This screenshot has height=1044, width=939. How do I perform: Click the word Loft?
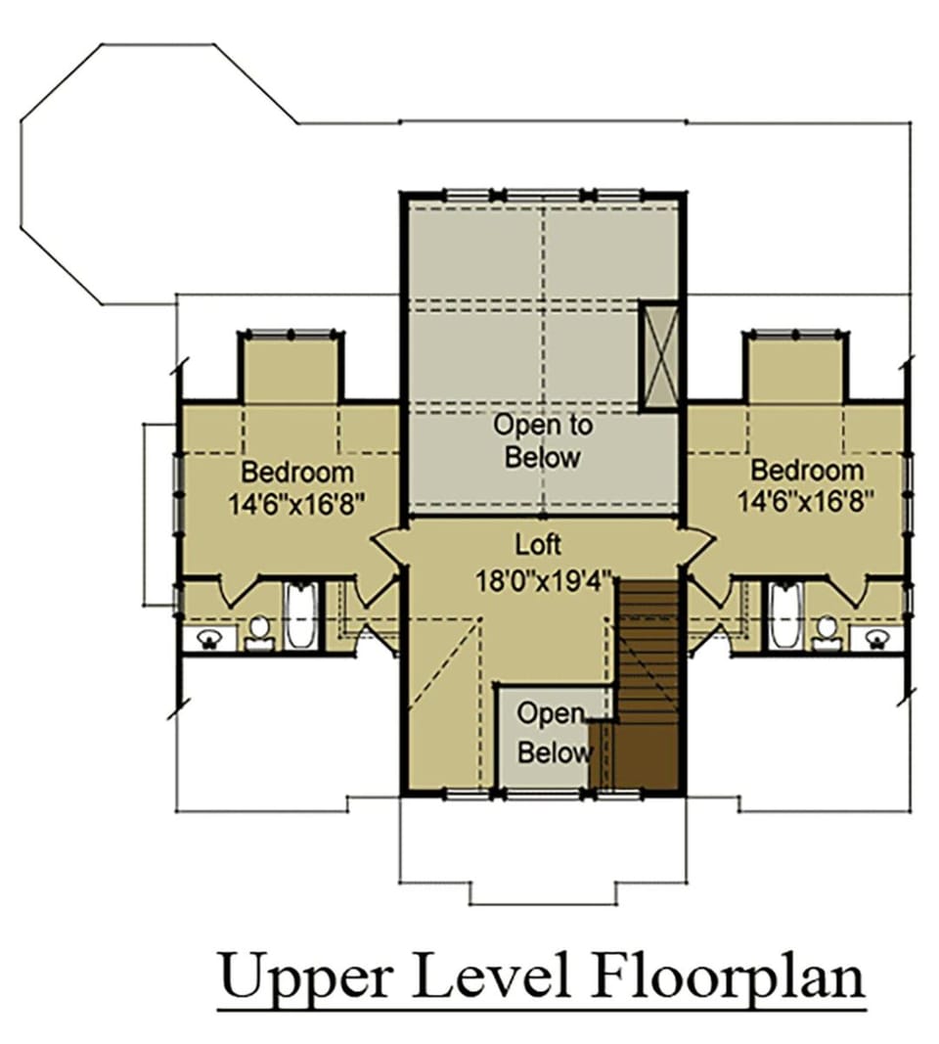pos(538,545)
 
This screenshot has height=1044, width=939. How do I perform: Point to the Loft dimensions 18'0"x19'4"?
pos(543,580)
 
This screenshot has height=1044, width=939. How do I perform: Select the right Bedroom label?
pos(807,470)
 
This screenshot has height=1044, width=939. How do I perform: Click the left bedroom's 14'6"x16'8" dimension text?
pos(297,503)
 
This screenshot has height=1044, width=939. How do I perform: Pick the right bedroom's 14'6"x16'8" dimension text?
pos(806,501)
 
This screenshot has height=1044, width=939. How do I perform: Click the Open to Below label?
pos(543,440)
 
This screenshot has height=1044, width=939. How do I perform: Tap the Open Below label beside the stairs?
pos(555,733)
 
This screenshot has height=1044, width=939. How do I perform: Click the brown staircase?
pos(645,686)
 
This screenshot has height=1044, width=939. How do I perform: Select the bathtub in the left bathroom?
pos(301,615)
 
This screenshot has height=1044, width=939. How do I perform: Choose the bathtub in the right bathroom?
pos(784,615)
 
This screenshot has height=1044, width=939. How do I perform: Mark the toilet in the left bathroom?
pos(259,633)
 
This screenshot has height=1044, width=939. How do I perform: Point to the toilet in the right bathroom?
pos(827,633)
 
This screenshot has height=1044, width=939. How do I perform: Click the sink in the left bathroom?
pos(209,639)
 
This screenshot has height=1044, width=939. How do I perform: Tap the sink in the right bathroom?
pos(877,639)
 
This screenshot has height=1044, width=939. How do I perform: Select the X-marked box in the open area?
pos(658,355)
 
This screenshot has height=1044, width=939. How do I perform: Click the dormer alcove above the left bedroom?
pos(291,369)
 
